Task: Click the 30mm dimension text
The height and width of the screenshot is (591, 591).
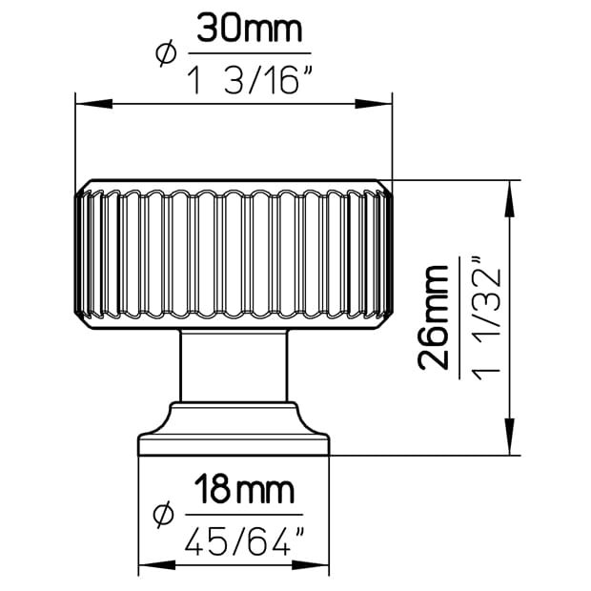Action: (250, 28)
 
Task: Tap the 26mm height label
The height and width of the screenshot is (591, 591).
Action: (433, 318)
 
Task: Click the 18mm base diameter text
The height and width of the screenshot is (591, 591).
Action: (244, 490)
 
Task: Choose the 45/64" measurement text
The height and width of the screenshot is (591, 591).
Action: (245, 541)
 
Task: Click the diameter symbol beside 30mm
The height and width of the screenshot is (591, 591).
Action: (166, 53)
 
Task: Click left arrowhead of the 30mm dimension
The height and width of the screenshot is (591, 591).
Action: (93, 104)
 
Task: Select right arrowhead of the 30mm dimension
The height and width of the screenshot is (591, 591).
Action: (374, 104)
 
